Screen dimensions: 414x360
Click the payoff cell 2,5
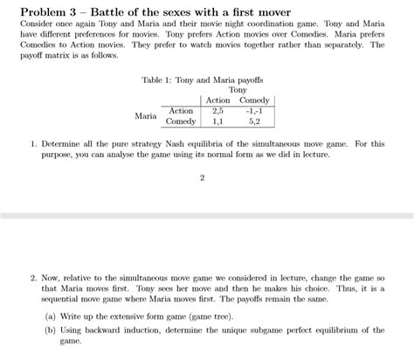click(217, 111)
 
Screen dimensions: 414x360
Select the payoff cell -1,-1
click(254, 111)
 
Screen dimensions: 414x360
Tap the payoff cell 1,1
click(217, 121)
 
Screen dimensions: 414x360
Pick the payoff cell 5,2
click(254, 121)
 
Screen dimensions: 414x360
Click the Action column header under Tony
click(217, 100)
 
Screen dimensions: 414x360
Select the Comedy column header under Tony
click(254, 100)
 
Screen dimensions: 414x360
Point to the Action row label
click(181, 111)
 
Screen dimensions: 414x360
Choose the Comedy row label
click(181, 121)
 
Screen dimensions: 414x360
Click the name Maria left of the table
click(146, 116)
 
